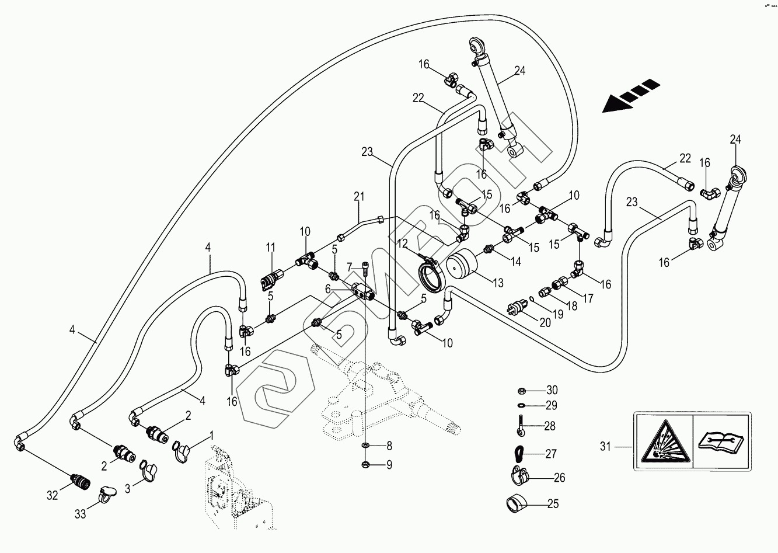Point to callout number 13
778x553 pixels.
tap(497, 283)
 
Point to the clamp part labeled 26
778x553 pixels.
tap(518, 477)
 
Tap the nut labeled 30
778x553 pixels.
tap(522, 390)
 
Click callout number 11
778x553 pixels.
tap(270, 248)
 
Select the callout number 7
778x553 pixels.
tap(350, 267)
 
